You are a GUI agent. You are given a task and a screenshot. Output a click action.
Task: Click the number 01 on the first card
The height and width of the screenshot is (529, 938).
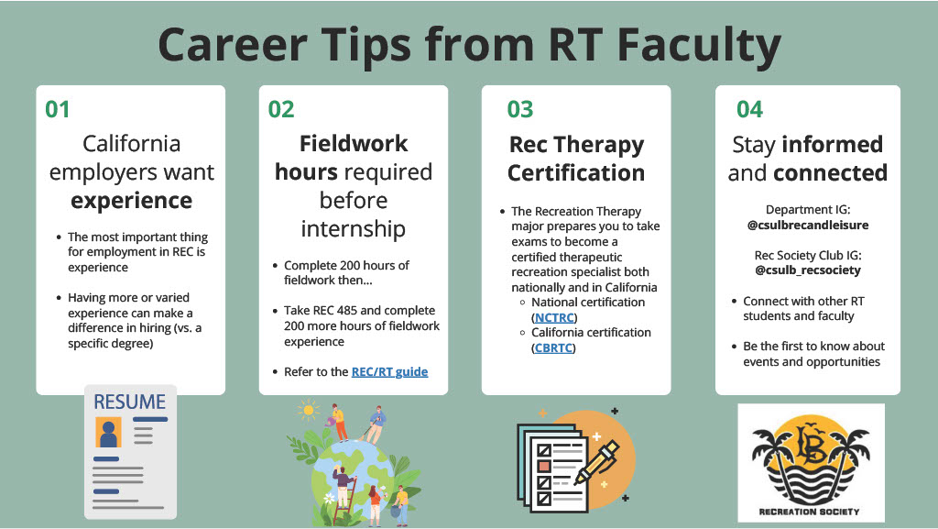click(58, 109)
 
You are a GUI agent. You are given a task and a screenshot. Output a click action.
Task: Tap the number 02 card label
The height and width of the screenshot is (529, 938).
click(281, 109)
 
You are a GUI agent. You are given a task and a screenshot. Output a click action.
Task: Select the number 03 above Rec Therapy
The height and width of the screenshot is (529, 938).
click(520, 109)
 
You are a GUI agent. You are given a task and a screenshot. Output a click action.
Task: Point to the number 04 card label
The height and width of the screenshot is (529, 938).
click(749, 109)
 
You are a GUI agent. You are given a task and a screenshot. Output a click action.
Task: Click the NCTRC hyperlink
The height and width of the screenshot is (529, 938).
click(553, 317)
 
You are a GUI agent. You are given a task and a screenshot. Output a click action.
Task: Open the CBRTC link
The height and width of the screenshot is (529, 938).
click(553, 347)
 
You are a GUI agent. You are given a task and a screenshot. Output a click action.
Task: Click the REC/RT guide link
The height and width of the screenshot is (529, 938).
click(389, 371)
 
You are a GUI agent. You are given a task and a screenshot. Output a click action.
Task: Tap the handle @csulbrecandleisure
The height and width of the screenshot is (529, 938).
click(807, 224)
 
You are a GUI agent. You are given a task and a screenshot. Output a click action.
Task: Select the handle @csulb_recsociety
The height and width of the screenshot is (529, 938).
click(807, 270)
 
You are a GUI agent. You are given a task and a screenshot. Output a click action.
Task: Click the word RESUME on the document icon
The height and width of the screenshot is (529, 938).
click(129, 402)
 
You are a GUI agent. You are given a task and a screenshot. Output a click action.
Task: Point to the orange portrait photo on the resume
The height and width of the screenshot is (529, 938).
click(109, 431)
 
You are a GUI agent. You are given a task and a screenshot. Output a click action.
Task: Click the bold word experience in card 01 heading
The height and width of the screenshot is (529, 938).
click(132, 201)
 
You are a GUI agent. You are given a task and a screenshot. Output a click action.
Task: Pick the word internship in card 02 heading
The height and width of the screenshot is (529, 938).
click(354, 228)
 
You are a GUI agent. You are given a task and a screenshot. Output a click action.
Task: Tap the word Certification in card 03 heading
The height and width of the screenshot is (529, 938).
click(576, 172)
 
